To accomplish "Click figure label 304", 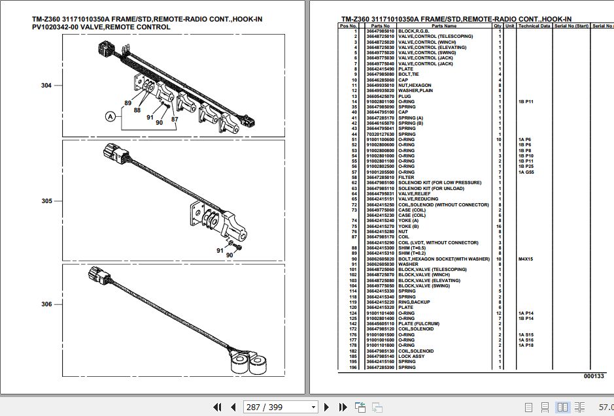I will coord(46,86).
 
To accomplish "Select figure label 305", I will coord(46,201).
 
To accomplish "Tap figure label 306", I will coord(46,304).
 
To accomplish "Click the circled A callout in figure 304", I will coord(111,117).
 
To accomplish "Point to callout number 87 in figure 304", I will coord(175,119).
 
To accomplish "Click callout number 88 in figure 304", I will coord(137,110).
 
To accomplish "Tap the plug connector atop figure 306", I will coord(97,278).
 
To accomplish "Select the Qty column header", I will coord(498,25).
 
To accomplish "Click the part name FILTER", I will coord(406,177).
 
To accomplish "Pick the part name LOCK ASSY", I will coord(412,357).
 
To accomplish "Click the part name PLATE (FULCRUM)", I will coord(418,324).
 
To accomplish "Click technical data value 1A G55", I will coord(526,172).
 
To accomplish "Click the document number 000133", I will coord(594,376).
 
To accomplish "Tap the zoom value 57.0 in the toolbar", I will coord(605,407).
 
